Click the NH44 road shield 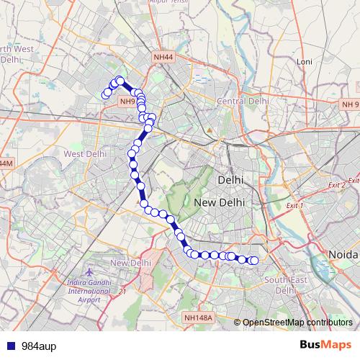[x=163, y=57]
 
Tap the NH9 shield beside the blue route [x=127, y=102]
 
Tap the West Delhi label [x=85, y=153]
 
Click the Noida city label [x=343, y=254]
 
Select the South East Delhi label [x=281, y=284]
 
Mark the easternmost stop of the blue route [x=254, y=261]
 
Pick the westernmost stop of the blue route [x=105, y=94]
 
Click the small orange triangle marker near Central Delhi [x=210, y=130]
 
